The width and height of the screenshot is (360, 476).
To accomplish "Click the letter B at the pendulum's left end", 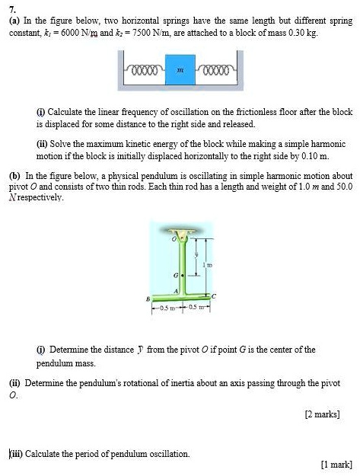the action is tap(149, 299).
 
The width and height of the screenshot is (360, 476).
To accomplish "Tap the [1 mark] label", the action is tap(336, 463).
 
